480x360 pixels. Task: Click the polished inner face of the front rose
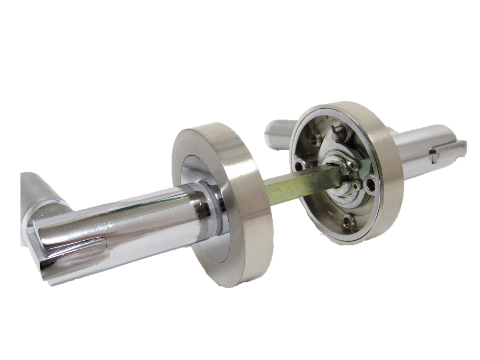[191, 173]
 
